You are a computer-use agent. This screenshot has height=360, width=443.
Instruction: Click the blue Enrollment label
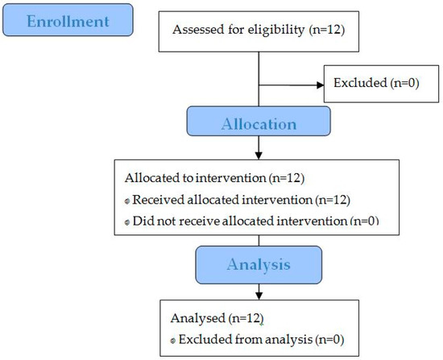68,20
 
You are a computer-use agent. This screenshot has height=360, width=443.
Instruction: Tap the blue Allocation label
259,122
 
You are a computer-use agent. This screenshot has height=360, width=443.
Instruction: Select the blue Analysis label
259,265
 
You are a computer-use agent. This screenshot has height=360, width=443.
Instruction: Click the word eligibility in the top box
276,30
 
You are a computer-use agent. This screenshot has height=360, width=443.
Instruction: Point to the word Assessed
199,29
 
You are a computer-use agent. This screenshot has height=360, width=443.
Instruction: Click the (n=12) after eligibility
327,30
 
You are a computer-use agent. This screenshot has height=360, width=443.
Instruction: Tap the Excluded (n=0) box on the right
381,84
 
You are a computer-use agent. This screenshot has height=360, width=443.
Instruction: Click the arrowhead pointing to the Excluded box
321,85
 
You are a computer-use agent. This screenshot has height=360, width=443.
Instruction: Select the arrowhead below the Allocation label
259,155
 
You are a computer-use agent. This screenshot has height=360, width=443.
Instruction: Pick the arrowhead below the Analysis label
259,296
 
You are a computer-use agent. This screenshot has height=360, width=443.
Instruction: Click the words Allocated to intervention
195,178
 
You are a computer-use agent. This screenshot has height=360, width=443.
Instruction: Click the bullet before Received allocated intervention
127,201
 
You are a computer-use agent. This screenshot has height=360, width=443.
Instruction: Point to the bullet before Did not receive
127,222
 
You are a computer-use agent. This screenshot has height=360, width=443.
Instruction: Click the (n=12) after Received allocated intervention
333,200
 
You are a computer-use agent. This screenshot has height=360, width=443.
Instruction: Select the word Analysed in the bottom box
198,318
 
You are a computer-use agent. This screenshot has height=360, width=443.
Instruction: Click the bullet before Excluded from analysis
173,341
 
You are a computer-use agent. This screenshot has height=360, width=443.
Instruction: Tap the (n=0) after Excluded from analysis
329,339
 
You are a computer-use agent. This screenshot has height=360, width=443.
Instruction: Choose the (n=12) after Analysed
246,318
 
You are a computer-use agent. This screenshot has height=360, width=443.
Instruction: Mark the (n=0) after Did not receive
364,221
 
